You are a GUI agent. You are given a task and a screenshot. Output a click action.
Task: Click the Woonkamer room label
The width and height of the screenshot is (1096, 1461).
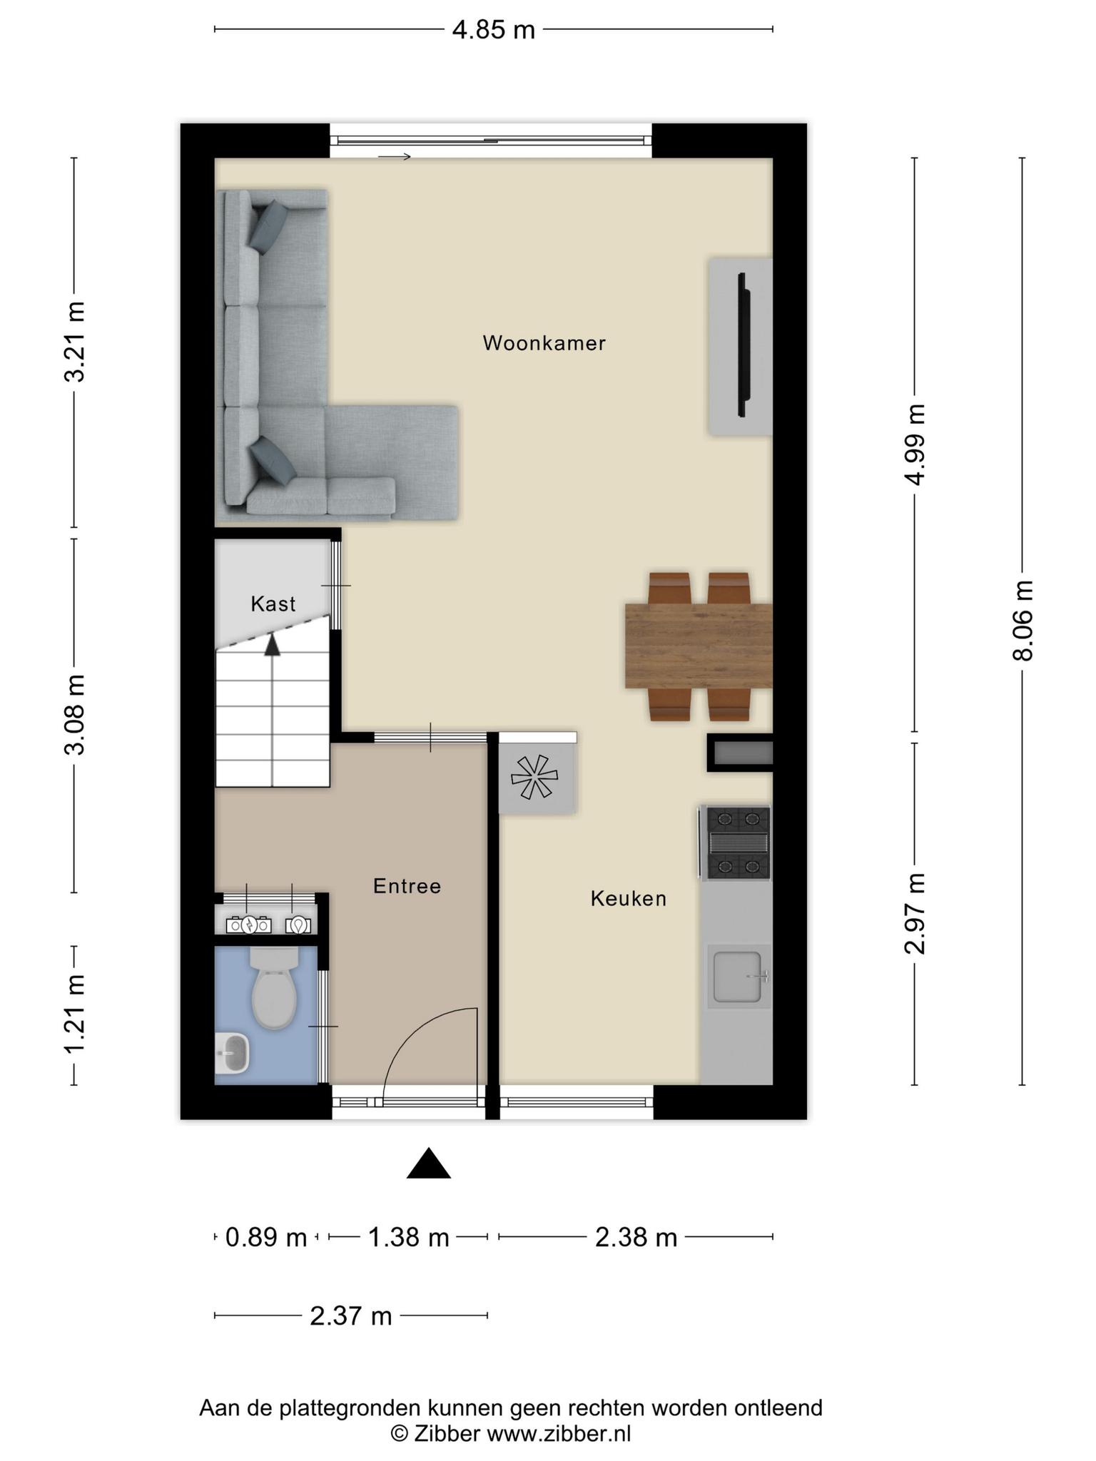point(544,343)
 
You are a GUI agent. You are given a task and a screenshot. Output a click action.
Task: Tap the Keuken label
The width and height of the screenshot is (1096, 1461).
point(628,898)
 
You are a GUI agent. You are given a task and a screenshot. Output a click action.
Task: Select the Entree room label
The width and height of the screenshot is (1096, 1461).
point(407,886)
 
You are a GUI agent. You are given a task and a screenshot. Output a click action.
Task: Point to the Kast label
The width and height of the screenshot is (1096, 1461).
point(273,604)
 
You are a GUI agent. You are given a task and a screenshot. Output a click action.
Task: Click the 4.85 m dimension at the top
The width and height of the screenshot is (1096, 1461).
point(494,30)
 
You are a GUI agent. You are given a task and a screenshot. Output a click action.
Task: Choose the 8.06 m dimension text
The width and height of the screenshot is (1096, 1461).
point(1023,621)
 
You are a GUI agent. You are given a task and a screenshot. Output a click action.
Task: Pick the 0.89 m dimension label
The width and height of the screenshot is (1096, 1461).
point(266,1237)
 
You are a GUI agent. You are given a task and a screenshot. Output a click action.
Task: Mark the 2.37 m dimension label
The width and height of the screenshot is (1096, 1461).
point(351,1315)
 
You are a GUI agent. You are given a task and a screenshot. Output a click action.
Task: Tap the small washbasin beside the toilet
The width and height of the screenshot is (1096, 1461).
point(232,1054)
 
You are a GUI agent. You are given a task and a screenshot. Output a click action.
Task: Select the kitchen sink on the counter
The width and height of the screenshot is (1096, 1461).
point(739,976)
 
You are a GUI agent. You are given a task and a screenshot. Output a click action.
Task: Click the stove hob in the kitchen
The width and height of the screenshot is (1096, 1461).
point(736,843)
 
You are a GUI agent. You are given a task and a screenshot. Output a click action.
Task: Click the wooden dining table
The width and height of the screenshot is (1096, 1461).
point(699,646)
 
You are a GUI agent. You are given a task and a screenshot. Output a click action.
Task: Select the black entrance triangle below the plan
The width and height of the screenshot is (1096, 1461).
point(429,1163)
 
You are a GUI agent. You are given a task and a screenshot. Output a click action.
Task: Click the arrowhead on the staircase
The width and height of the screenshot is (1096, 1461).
point(272,645)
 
